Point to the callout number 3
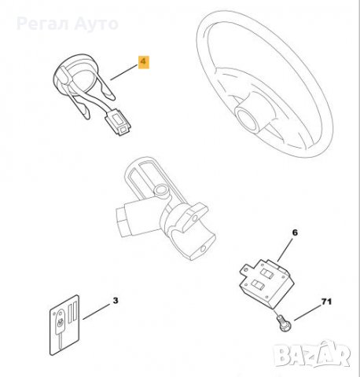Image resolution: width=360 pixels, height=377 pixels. point(116,302)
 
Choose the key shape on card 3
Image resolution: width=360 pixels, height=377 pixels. point(62,330)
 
